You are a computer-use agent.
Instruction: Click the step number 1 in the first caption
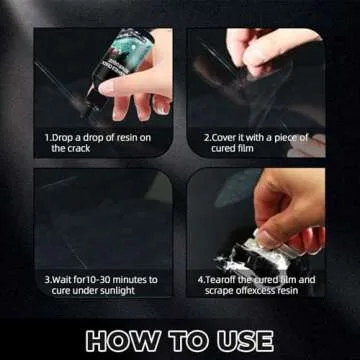[46, 137]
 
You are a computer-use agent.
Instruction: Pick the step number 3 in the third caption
[46, 280]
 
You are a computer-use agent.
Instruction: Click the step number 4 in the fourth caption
[201, 280]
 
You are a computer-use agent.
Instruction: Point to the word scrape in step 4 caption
[222, 291]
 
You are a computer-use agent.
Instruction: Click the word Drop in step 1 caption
[61, 137]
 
